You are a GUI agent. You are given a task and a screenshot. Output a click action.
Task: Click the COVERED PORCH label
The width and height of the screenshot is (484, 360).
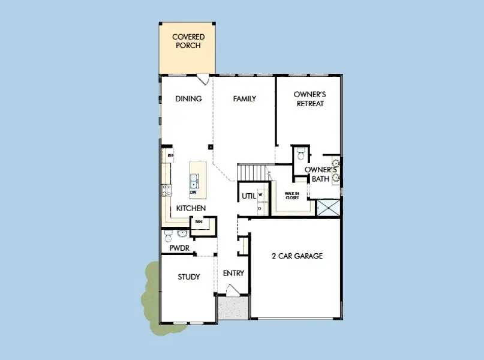click(188, 41)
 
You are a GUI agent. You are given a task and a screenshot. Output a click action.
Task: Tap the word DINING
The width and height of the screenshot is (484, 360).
click(188, 99)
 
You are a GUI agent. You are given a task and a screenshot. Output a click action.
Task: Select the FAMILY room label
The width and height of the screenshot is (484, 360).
click(245, 99)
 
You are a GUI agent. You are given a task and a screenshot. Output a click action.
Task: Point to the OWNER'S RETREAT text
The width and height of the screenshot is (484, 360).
click(309, 99)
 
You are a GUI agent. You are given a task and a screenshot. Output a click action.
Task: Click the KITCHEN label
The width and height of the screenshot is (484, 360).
click(191, 208)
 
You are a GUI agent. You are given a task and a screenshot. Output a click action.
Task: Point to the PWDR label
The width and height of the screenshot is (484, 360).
click(179, 247)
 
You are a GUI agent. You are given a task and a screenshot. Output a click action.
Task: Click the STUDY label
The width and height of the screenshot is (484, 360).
click(188, 277)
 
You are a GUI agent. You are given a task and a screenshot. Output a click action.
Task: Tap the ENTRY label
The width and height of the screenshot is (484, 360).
click(233, 274)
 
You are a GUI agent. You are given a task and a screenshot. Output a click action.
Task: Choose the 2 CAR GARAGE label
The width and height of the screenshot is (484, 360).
click(297, 256)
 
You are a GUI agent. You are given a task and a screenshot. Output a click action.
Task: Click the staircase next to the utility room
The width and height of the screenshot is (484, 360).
click(252, 173)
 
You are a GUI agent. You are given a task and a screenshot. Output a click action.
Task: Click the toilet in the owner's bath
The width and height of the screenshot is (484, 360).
click(300, 154)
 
